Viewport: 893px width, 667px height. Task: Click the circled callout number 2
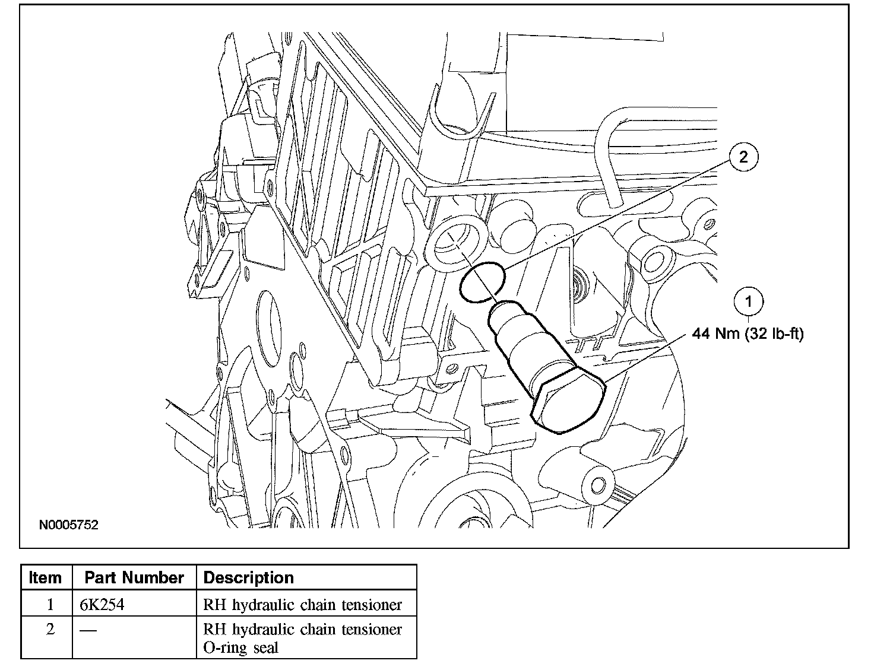point(743,157)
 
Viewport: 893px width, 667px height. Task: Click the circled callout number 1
point(748,302)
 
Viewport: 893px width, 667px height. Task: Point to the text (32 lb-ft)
point(773,334)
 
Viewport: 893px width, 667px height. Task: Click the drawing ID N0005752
point(69,525)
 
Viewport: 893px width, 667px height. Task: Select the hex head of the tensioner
point(568,399)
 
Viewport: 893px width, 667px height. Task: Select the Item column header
point(46,577)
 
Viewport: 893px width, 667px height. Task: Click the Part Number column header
point(134,577)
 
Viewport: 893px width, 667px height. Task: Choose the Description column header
point(249,577)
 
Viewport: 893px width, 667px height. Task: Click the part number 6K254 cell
point(102,605)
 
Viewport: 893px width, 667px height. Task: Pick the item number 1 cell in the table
point(50,605)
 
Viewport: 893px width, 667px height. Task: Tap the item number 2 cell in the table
point(50,629)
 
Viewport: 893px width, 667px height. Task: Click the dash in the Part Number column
point(88,630)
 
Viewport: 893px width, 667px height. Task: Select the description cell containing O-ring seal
point(302,638)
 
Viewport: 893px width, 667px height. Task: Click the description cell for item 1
point(302,605)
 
